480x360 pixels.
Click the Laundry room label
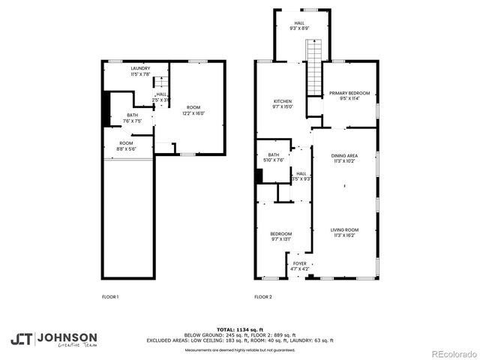pyautogui.click(x=140, y=71)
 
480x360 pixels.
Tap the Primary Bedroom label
pyautogui.click(x=349, y=95)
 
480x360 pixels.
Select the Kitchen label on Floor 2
pyautogui.click(x=283, y=103)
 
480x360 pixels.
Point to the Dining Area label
pyautogui.click(x=345, y=158)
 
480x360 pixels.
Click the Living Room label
pyautogui.click(x=345, y=232)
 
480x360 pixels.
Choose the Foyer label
pyautogui.click(x=299, y=266)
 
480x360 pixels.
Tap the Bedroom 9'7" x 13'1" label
pyautogui.click(x=281, y=236)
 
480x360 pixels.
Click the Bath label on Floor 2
pyautogui.click(x=274, y=157)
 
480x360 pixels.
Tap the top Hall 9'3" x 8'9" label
pyautogui.click(x=299, y=25)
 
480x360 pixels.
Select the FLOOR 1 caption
pyautogui.click(x=110, y=298)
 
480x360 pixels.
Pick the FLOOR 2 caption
pyautogui.click(x=262, y=298)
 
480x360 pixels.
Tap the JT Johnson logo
pyautogui.click(x=53, y=339)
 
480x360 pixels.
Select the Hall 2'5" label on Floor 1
pyautogui.click(x=161, y=97)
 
